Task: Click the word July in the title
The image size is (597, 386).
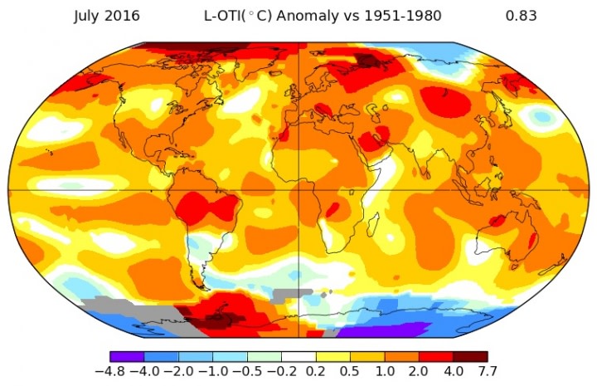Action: coord(88,16)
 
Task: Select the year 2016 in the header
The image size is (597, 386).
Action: coord(123,16)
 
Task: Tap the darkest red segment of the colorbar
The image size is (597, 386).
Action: coord(472,356)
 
